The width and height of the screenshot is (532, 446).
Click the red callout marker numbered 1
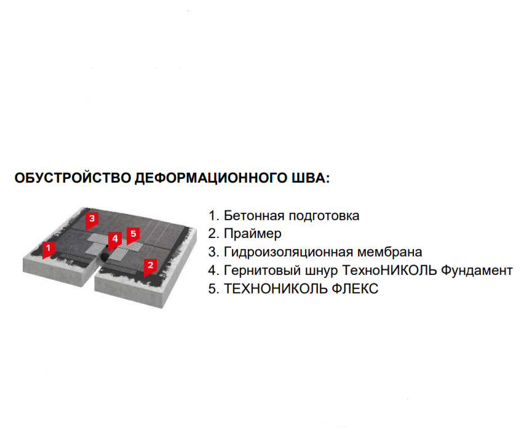tap(49, 250)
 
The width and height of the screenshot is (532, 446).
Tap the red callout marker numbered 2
tap(150, 267)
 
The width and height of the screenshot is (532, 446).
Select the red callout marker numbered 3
tap(92, 221)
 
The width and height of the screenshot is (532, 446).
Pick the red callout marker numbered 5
tap(133, 236)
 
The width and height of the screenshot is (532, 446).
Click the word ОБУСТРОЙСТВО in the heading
tap(73, 178)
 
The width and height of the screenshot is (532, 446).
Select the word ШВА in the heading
tap(309, 178)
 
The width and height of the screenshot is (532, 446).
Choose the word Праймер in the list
tap(253, 234)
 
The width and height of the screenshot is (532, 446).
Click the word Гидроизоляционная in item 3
tap(288, 253)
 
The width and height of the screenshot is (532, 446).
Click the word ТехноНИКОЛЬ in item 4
tap(389, 271)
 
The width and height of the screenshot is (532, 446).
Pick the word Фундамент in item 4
tap(477, 271)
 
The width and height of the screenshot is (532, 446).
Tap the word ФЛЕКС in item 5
tap(355, 289)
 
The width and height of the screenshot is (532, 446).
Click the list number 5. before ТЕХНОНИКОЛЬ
tap(213, 289)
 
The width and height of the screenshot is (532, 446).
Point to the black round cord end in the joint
tap(103, 257)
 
